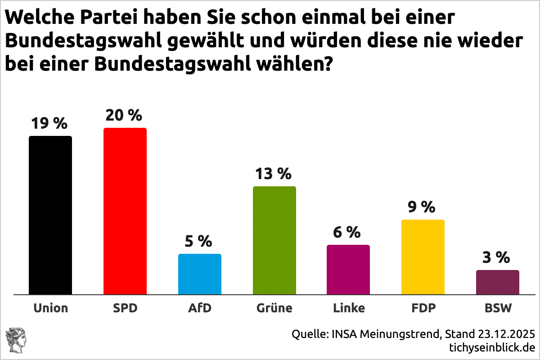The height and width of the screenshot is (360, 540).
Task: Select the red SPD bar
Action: pyautogui.click(x=125, y=211)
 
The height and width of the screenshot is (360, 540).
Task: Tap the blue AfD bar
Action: pyautogui.click(x=200, y=274)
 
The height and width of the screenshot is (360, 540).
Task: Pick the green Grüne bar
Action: pyautogui.click(x=274, y=240)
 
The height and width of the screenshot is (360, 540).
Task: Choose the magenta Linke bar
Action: pyautogui.click(x=348, y=270)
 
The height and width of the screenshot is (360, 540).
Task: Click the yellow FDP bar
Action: pyautogui.click(x=423, y=257)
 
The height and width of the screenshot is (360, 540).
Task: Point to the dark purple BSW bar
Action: pyautogui.click(x=498, y=282)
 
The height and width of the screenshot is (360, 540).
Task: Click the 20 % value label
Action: pyautogui.click(x=124, y=116)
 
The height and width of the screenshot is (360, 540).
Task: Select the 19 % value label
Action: pyautogui.click(x=49, y=124)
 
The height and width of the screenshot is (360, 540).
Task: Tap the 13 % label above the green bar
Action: pyautogui.click(x=274, y=174)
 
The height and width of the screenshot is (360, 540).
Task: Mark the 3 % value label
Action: pyautogui.click(x=497, y=257)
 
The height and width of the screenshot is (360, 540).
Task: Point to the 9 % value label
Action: pyautogui.click(x=422, y=207)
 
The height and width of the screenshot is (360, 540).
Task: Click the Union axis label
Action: pyautogui.click(x=50, y=308)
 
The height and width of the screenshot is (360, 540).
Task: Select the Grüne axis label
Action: pyautogui.click(x=274, y=308)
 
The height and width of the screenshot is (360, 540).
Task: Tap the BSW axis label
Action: pyautogui.click(x=498, y=308)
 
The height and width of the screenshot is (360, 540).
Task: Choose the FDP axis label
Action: pyautogui.click(x=423, y=308)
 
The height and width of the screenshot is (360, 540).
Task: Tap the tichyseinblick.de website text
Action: pyautogui.click(x=492, y=347)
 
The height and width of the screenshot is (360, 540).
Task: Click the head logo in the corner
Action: pyautogui.click(x=16, y=340)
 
